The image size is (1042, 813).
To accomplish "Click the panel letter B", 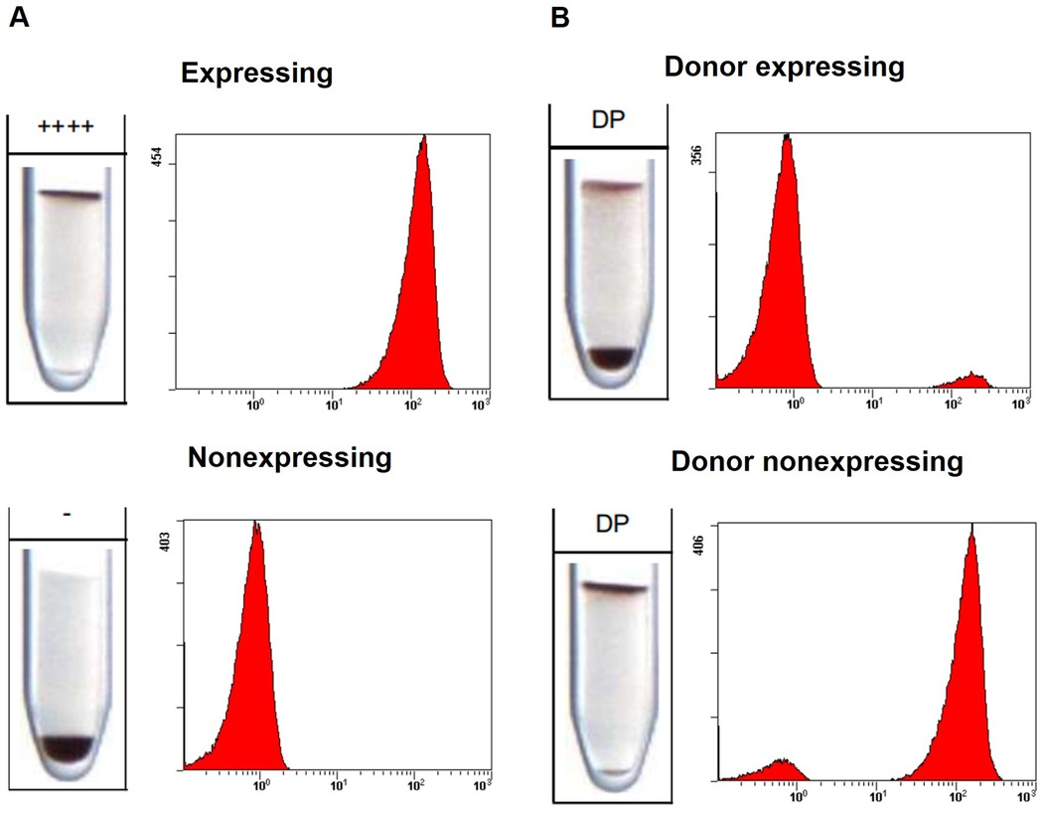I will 561,20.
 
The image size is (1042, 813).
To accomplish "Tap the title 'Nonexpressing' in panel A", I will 290,458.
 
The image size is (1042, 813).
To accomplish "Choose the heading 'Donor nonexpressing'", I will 818,462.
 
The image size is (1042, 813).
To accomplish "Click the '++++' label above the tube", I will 65,127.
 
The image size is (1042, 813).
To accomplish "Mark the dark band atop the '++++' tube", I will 65,196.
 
